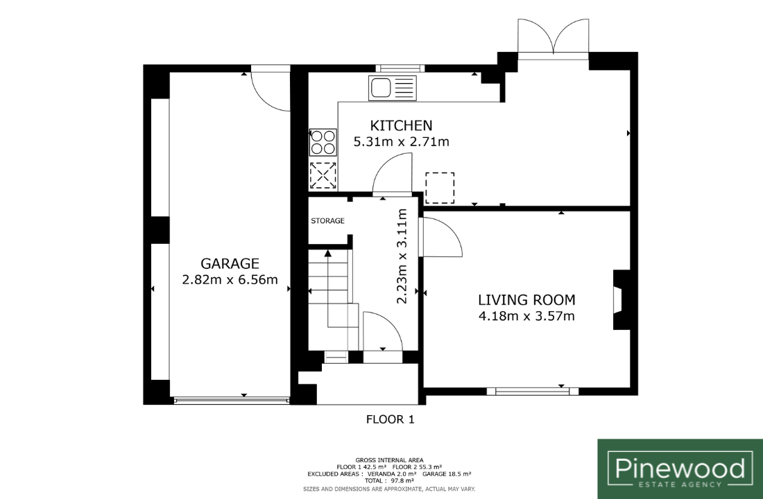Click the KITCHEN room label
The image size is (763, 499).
click(401, 125)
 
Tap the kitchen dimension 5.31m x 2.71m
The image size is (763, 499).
click(401, 142)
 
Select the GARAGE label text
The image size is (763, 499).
click(230, 263)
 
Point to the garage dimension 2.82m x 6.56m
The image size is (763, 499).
click(230, 280)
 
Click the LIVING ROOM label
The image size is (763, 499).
click(526, 299)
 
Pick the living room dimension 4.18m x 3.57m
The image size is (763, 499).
click(526, 316)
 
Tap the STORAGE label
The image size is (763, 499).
click(327, 221)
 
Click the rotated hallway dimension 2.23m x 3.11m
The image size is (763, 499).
click(402, 256)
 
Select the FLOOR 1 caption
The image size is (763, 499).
click(391, 419)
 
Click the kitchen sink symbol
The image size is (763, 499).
click(393, 88)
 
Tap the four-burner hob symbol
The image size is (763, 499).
click(323, 142)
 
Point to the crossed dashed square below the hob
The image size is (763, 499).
click(323, 175)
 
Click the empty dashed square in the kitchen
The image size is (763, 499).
click(440, 188)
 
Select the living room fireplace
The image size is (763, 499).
click(621, 299)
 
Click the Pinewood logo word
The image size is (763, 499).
click(680, 468)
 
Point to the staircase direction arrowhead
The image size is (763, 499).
click(328, 253)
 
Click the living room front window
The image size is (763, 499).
click(533, 391)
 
